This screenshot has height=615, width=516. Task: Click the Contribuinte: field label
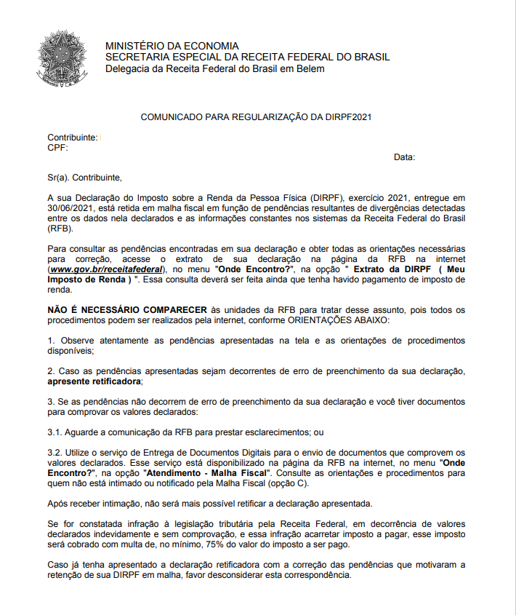point(72,138)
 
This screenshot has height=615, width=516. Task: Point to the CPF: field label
point(57,147)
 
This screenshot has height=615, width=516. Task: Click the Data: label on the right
point(404,157)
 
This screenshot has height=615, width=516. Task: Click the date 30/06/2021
point(71,207)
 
